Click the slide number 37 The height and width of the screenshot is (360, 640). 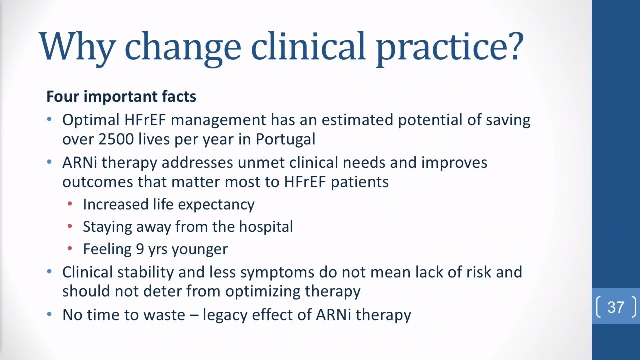point(616,307)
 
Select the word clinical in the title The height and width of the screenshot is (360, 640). point(308,45)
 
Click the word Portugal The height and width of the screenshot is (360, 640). point(285,140)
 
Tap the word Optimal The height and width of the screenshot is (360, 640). point(91,120)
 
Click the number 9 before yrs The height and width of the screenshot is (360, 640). point(140,249)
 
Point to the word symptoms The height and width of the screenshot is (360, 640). point(277,273)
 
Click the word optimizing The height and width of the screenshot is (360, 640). point(263,292)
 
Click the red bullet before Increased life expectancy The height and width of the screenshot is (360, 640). point(70,204)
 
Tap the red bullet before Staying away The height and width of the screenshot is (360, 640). point(70,226)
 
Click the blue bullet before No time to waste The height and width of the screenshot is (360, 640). point(49,314)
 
